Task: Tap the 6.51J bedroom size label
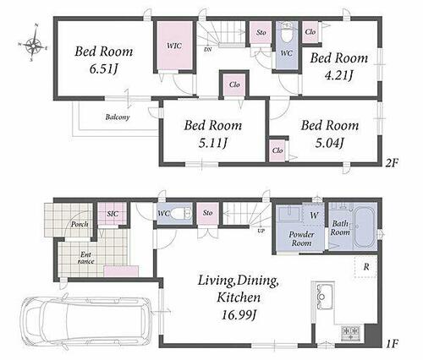click(103, 69)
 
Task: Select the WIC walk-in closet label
click(174, 46)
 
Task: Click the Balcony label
click(118, 117)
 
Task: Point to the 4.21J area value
click(338, 75)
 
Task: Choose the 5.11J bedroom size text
click(213, 143)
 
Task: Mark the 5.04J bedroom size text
click(329, 143)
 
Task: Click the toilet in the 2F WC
click(287, 32)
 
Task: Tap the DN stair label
click(208, 50)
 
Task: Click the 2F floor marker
click(392, 163)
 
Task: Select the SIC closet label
click(113, 214)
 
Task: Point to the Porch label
click(80, 224)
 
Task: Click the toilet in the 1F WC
click(181, 213)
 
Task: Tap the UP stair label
click(261, 232)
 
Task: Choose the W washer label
click(314, 215)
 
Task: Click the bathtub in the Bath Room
click(365, 227)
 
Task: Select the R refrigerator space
click(365, 266)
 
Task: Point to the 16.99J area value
click(239, 314)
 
